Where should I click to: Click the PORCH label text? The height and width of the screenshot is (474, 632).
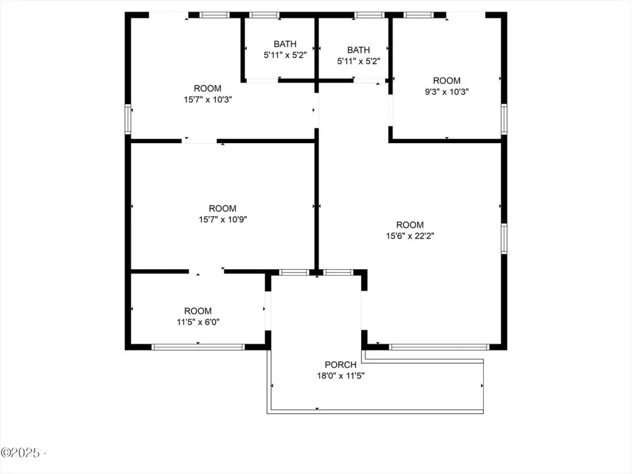point(341,365)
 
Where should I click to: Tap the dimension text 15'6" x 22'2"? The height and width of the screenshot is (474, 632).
point(410,236)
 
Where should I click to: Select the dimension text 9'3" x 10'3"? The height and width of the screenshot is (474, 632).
point(447,92)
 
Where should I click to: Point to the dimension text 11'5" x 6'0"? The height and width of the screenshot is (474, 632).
point(198,322)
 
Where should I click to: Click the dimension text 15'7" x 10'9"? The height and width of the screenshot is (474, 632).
point(222,220)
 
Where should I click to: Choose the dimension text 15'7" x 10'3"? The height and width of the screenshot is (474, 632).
point(207,99)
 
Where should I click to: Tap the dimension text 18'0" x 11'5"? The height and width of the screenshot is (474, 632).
point(341,376)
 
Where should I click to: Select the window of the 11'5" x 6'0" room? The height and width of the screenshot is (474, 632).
point(198,347)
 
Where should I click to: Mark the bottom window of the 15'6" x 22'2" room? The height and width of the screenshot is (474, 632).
point(439,347)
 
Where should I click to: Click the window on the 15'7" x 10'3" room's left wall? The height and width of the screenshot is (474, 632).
point(128,119)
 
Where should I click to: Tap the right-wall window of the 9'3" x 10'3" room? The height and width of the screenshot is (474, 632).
point(504,119)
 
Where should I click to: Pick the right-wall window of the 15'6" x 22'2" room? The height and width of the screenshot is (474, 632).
point(504,239)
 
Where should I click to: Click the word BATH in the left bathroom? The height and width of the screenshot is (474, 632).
point(285,44)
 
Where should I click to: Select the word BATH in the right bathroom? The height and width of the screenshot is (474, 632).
point(359,50)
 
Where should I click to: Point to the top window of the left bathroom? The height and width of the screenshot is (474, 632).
point(264,15)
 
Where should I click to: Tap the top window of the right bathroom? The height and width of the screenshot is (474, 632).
point(369,15)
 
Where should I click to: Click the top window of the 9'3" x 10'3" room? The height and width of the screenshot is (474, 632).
point(418,15)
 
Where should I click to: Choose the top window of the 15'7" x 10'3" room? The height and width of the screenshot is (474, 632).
point(214,15)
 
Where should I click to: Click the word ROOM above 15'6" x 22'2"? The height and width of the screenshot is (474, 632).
point(410,225)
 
